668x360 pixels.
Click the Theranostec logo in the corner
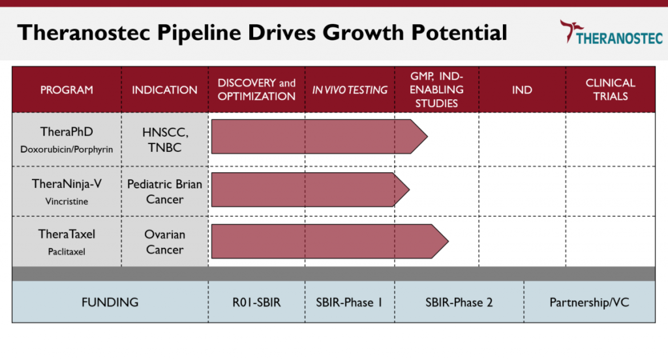coord(611,32)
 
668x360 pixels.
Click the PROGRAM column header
coord(67,90)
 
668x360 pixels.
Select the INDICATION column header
coord(164,90)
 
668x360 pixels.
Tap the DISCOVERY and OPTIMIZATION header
coord(256,89)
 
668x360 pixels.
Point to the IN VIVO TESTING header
coord(350,90)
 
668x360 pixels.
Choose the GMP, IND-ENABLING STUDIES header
coord(436,89)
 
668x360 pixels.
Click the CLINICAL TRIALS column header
coord(611,89)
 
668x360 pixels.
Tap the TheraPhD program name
coord(67,132)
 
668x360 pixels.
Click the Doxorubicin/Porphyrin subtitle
coord(67,149)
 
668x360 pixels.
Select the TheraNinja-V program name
coord(67,184)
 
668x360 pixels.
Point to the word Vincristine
coord(67,202)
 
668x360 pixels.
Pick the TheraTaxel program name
coord(67,234)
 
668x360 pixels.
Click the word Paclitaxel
coord(67,252)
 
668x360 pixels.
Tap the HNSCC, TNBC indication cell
coord(165,140)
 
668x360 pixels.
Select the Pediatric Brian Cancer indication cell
coord(165,192)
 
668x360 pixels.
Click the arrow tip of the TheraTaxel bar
coord(448,241)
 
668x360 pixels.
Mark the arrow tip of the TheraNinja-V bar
coord(410,190)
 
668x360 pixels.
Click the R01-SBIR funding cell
coord(256,303)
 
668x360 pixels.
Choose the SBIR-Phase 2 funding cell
coord(459,303)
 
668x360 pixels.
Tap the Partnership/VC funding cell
coord(589,303)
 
